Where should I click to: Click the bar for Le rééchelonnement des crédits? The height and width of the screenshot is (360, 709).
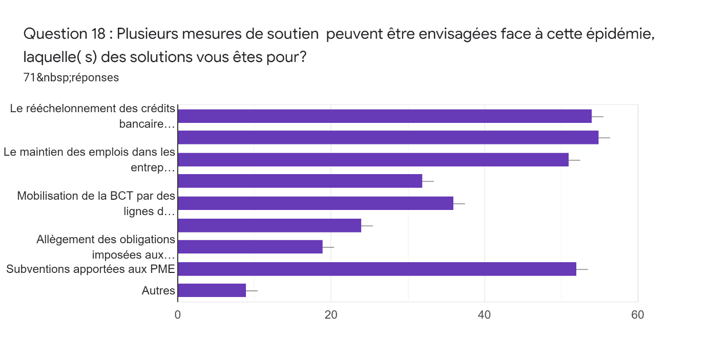click(x=384, y=116)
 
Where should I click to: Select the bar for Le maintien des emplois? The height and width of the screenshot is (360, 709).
click(x=373, y=160)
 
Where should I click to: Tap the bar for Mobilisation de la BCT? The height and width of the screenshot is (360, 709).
click(x=315, y=203)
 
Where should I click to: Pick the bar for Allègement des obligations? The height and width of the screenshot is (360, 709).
click(x=250, y=247)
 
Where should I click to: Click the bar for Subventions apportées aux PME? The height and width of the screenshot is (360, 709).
click(x=377, y=269)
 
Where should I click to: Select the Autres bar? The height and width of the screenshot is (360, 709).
click(x=212, y=290)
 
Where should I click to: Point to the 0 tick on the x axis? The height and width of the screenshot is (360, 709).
click(x=178, y=314)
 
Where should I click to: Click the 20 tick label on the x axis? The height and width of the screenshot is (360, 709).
click(x=331, y=314)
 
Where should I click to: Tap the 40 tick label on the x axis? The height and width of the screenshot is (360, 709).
click(x=484, y=314)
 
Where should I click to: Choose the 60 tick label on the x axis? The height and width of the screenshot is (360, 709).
click(x=637, y=314)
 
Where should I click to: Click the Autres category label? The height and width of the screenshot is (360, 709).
click(x=158, y=291)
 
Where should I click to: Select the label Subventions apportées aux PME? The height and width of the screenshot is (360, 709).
click(x=91, y=269)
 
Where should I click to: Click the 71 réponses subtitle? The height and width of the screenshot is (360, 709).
click(x=71, y=78)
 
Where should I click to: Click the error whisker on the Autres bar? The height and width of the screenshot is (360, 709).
click(x=252, y=290)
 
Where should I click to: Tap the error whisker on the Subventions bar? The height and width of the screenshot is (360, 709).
click(x=582, y=269)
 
